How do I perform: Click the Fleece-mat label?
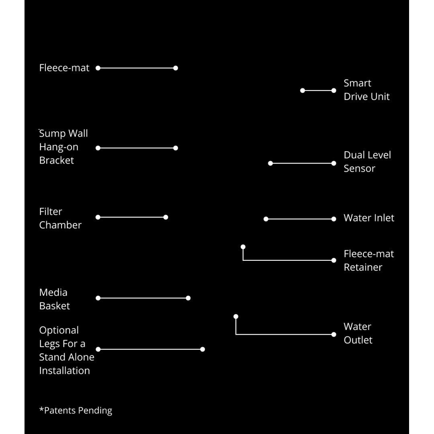pos(64,68)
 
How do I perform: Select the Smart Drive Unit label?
pos(366,90)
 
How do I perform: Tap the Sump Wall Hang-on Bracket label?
pos(63,147)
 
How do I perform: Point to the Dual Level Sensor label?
pos(367,162)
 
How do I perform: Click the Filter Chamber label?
pos(60,218)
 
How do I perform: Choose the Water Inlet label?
pos(369,218)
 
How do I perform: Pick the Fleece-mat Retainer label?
pos(368,260)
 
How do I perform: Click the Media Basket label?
pos(55,299)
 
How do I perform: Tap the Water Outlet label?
pos(358,333)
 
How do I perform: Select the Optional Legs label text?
pos(67,350)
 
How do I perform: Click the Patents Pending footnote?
pos(76,410)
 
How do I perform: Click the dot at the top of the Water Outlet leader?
pos(236,316)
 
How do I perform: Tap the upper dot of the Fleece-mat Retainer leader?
pos(243,247)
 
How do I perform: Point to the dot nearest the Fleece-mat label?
pos(98,68)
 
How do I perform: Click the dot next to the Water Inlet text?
pos(334,219)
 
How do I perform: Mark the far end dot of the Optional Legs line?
pos(203,349)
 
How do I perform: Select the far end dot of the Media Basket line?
pos(188,298)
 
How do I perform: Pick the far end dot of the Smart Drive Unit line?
pos(303,90)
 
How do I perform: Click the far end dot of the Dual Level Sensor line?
pos(270,163)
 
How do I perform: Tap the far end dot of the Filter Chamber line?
pos(166,217)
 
